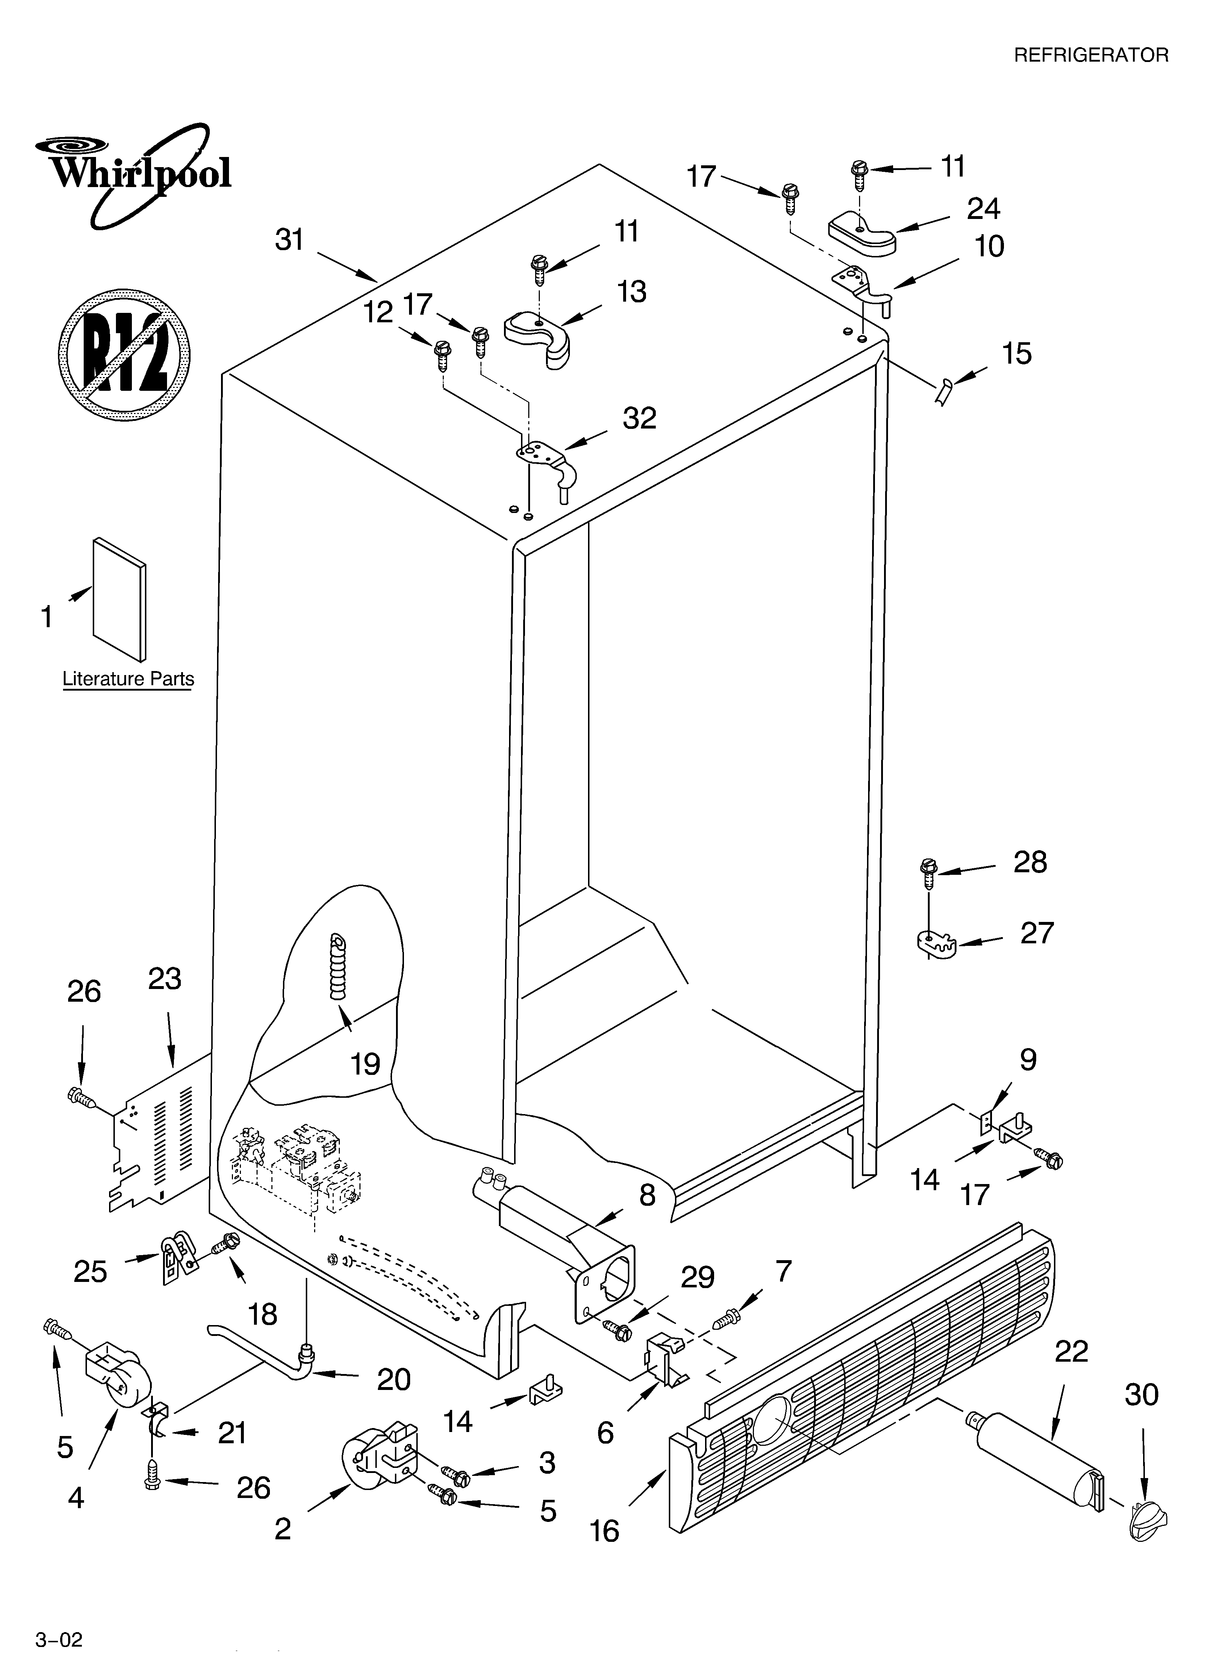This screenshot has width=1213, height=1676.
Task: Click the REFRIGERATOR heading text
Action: coord(1091,55)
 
